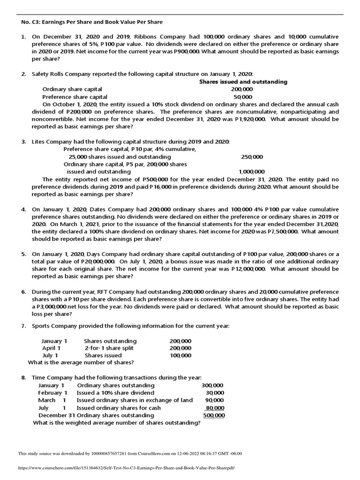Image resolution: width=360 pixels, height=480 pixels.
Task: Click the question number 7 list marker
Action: coord(23,326)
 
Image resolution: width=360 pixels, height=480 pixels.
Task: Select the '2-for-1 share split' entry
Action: coord(109,348)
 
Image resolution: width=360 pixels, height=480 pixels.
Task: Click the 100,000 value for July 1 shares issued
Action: coord(180,356)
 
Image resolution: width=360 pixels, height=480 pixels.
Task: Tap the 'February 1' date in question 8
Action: coord(52,393)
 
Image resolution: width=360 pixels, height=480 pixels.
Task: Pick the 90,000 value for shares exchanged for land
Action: coord(214,400)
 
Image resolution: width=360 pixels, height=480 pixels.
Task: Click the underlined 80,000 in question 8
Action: coord(215,408)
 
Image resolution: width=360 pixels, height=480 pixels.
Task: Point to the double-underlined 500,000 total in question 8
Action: coord(214,415)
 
